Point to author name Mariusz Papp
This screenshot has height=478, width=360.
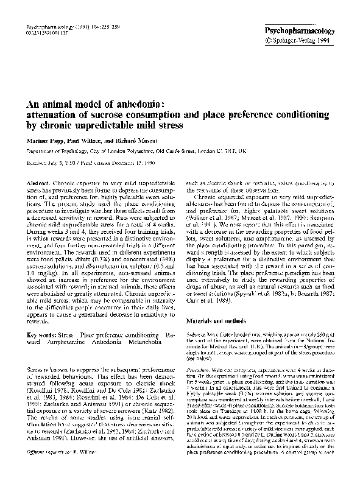pyautogui.click(x=45, y=139)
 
